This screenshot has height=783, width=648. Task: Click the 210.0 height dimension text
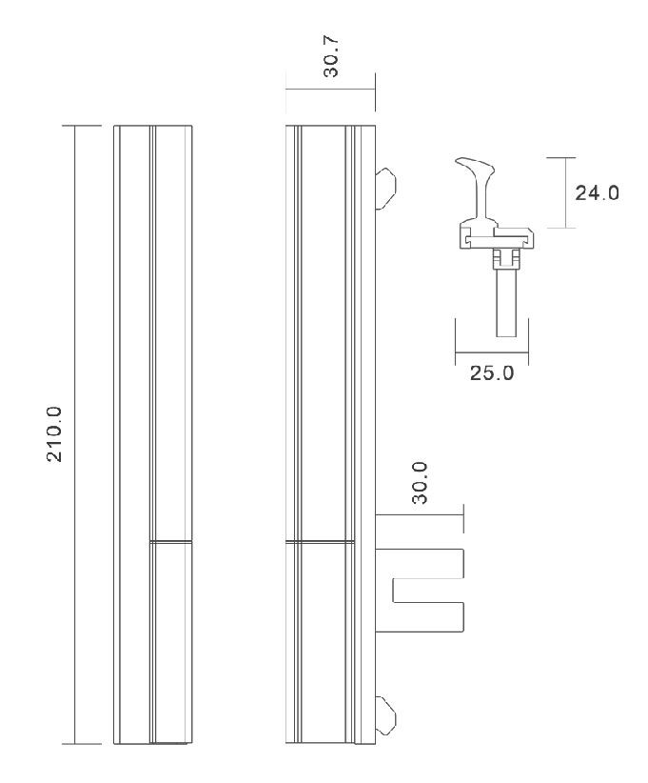(54, 433)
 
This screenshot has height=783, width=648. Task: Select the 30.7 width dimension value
(331, 57)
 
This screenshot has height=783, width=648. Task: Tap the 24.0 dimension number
(597, 192)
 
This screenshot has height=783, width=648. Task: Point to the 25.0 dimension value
(492, 372)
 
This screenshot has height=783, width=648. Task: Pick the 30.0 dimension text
(420, 482)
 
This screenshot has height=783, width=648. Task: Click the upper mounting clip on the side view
(385, 187)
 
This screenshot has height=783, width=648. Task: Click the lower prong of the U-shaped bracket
(428, 614)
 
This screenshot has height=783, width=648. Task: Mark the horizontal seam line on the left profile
(171, 542)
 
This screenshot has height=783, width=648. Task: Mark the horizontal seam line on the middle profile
(322, 542)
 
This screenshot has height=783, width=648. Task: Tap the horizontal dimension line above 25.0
(492, 351)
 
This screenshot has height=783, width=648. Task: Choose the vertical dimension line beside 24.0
(564, 192)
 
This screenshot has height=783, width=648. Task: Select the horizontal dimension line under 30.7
(331, 90)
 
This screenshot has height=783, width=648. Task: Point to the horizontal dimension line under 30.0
(420, 515)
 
